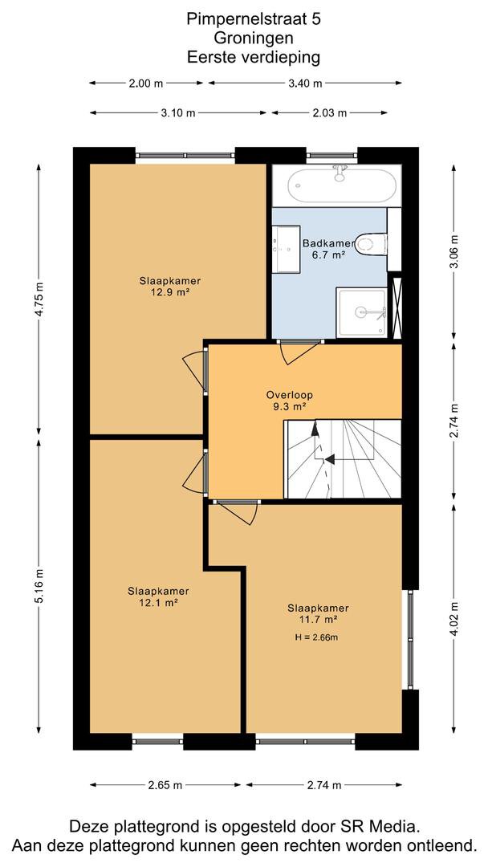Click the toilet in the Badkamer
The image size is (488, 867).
pyautogui.click(x=372, y=243)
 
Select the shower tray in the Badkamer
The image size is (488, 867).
pyautogui.click(x=363, y=312)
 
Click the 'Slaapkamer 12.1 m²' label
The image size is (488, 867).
pyautogui.click(x=158, y=596)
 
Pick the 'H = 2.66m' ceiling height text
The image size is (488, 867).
pyautogui.click(x=317, y=637)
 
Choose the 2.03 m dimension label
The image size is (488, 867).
pyautogui.click(x=330, y=113)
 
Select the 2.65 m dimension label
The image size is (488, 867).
pyautogui.click(x=165, y=785)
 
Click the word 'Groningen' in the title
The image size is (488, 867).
pyautogui.click(x=254, y=39)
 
